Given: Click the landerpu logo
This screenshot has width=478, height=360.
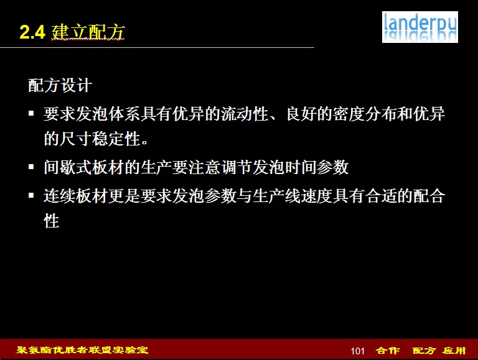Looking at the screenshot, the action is pyautogui.click(x=419, y=27).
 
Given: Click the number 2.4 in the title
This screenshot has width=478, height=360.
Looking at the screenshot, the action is pyautogui.click(x=32, y=32).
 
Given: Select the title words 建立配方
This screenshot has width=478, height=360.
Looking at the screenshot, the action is pyautogui.click(x=88, y=32).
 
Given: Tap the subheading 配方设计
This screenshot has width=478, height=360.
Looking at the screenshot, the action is pyautogui.click(x=60, y=85).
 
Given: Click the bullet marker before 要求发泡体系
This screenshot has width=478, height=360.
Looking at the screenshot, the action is pyautogui.click(x=31, y=114).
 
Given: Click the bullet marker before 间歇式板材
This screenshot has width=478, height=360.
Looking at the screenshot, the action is pyautogui.click(x=31, y=167).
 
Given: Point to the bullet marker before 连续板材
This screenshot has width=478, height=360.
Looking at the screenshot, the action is pyautogui.click(x=31, y=195).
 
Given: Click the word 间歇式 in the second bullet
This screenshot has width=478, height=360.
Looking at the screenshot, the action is pyautogui.click(x=68, y=167).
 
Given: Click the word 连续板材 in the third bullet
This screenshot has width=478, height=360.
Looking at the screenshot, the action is pyautogui.click(x=75, y=195).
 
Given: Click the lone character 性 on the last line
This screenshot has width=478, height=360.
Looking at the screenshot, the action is pyautogui.click(x=52, y=221).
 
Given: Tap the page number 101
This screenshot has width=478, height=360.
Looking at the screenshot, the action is pyautogui.click(x=358, y=351).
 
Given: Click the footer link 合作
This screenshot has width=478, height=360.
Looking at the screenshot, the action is pyautogui.click(x=388, y=351).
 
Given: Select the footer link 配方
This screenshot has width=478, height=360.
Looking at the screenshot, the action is pyautogui.click(x=424, y=351).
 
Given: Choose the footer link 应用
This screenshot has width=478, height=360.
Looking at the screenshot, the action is pyautogui.click(x=454, y=351).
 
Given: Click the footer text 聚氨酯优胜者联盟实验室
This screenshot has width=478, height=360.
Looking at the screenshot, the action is pyautogui.click(x=82, y=350).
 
